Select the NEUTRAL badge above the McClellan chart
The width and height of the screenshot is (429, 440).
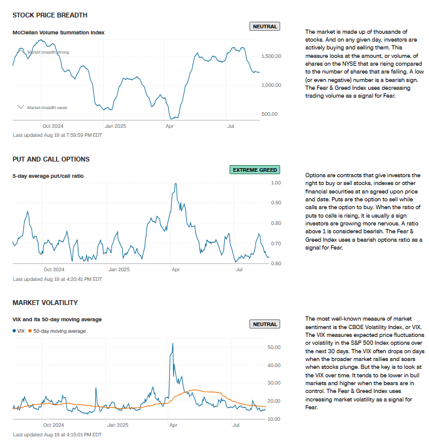264,27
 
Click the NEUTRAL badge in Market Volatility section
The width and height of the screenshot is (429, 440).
264,324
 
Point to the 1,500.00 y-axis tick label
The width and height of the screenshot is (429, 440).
271,56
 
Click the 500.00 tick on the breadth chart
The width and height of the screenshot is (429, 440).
269,113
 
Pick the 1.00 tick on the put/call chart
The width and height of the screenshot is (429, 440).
276,183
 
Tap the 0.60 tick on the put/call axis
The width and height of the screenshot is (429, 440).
276,263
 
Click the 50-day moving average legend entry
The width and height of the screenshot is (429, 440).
58,331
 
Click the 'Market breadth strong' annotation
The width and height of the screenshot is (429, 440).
48,52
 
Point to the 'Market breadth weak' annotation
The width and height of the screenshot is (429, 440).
47,107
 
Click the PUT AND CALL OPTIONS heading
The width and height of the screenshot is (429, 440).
51,159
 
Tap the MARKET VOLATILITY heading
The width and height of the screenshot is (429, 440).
45,303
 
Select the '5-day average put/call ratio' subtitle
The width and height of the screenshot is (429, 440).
48,176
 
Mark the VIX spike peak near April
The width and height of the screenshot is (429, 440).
173,344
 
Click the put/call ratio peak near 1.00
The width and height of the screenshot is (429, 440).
175,183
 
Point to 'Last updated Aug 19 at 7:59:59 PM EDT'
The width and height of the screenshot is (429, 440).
57,135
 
